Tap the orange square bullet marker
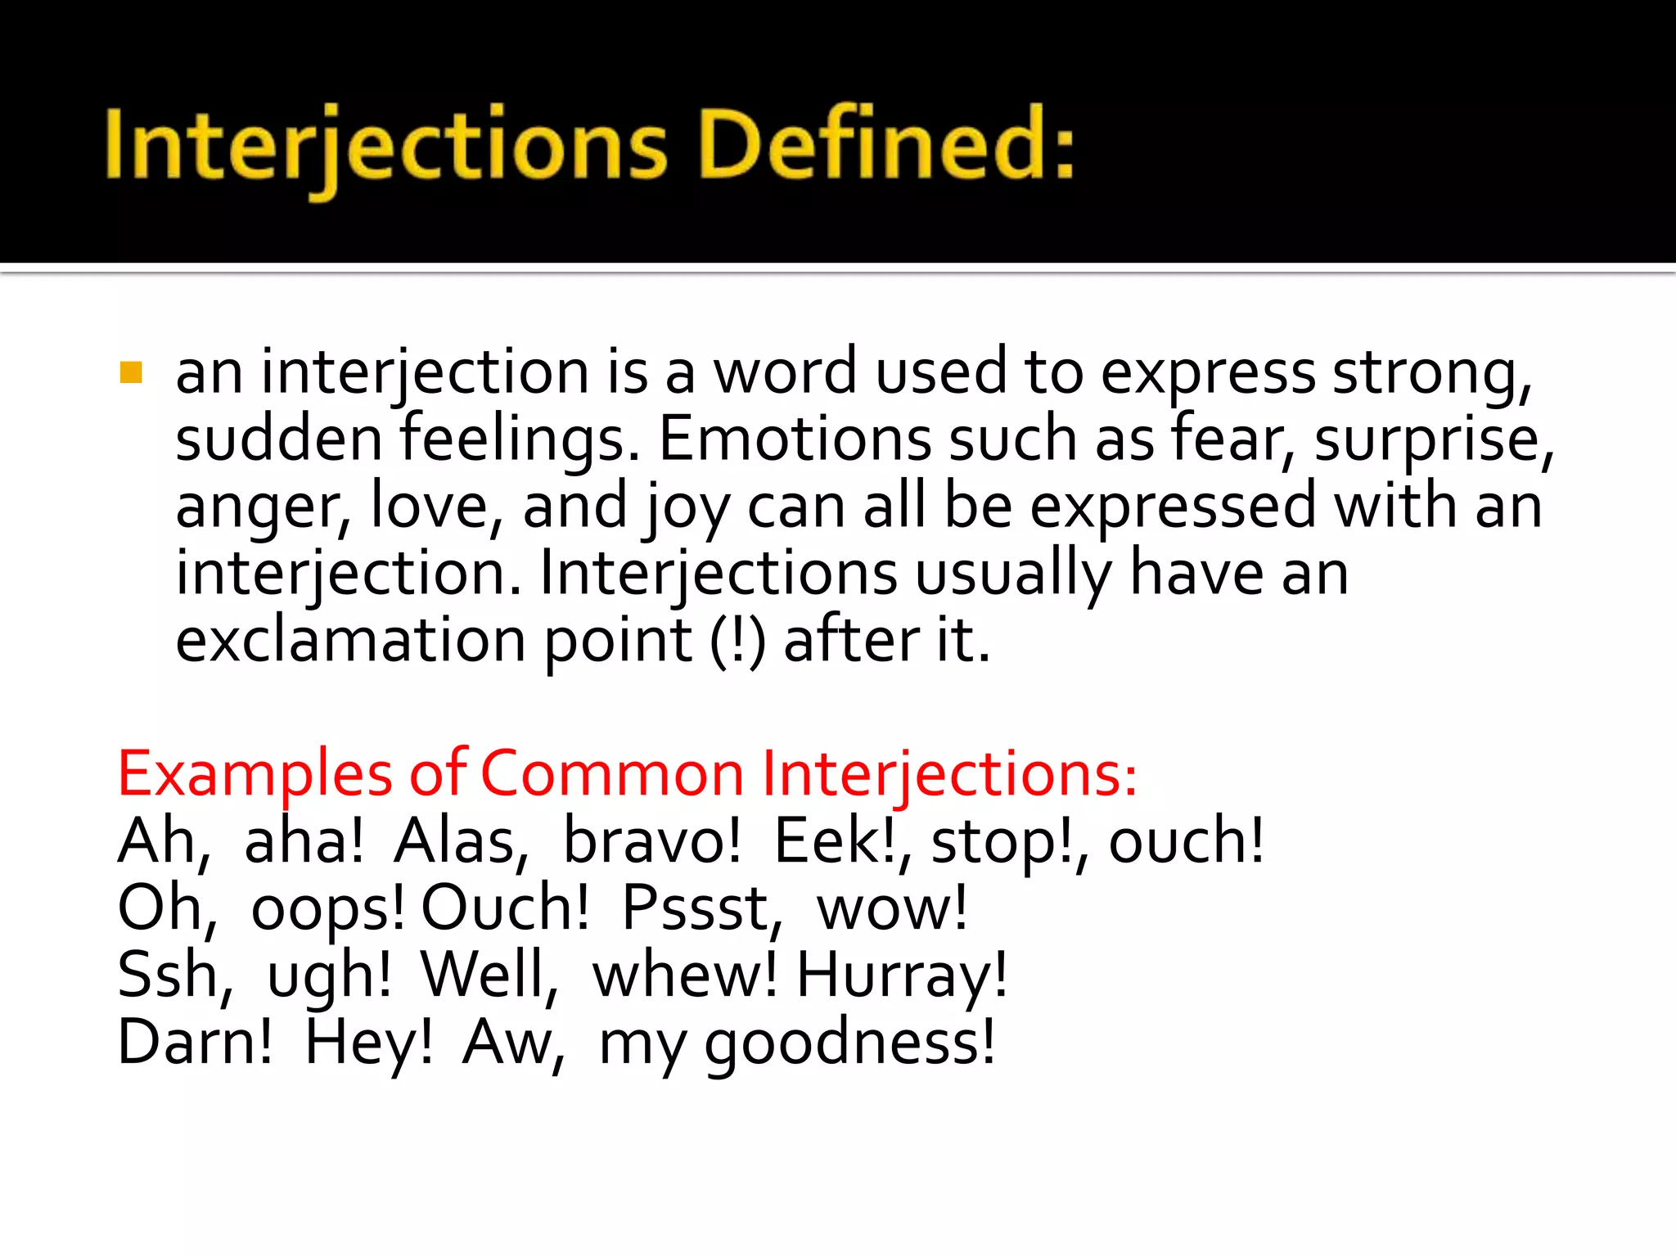131,373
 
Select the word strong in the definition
1431,373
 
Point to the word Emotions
794,439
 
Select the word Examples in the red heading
255,774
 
